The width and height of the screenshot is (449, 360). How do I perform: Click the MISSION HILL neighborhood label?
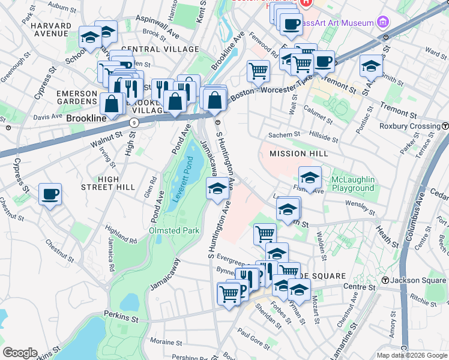[x=298, y=154]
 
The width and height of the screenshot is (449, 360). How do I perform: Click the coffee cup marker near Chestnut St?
[x=50, y=194]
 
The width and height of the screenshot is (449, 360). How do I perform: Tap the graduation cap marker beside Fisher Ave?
[x=310, y=177]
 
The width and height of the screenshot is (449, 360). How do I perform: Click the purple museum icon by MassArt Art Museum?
[x=383, y=22]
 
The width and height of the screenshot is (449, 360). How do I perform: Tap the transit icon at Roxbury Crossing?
[x=445, y=126]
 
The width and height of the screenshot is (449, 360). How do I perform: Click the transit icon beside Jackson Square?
[x=385, y=280]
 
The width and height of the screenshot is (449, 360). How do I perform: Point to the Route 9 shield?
[x=133, y=122]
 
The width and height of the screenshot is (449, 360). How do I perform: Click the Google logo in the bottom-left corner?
[x=20, y=352]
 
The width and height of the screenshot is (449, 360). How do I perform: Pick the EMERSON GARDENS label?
[x=77, y=98]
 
